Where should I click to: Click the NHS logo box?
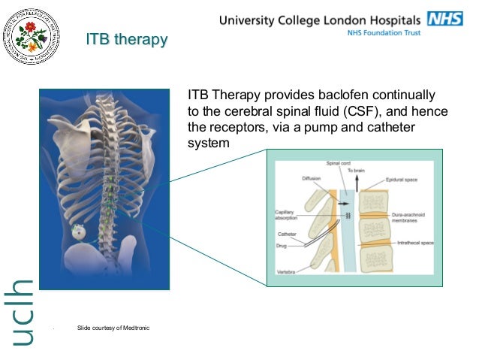click(445, 18)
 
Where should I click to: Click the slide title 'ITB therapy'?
click(126, 39)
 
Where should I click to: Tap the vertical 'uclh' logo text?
click(25, 313)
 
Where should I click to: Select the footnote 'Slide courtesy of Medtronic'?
click(113, 327)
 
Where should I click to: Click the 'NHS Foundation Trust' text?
click(383, 33)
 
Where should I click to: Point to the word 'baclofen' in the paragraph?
click(334, 96)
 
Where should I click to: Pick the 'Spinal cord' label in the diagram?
click(336, 163)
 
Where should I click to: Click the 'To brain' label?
click(356, 171)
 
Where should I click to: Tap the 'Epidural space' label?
click(403, 180)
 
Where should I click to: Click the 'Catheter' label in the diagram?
click(287, 234)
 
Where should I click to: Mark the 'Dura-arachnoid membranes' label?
click(410, 217)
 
